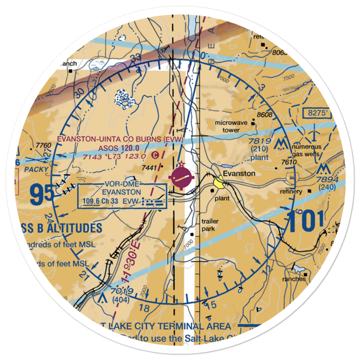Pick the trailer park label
point(210,225)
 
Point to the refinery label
point(291,192)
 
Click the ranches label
point(294,279)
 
